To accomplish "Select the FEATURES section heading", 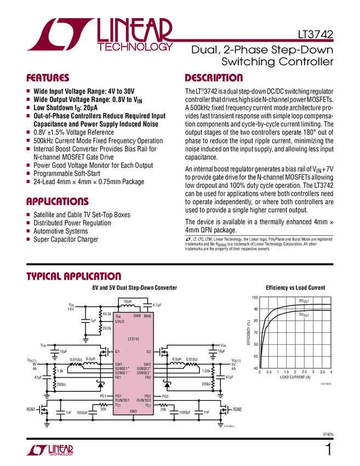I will (x=48, y=78).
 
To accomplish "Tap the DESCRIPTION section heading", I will (x=214, y=78).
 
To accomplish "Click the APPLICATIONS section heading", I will (x=58, y=201).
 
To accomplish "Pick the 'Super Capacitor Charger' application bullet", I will (x=66, y=240).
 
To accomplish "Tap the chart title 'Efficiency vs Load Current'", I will (x=295, y=287).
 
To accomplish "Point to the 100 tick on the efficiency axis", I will (x=254, y=297).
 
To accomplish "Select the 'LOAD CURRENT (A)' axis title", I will (x=295, y=378).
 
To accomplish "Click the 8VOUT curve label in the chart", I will (x=304, y=301).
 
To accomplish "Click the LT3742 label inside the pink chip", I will (x=133, y=339).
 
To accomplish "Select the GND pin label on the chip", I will (x=133, y=411).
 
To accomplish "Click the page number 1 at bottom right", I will (x=328, y=451).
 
